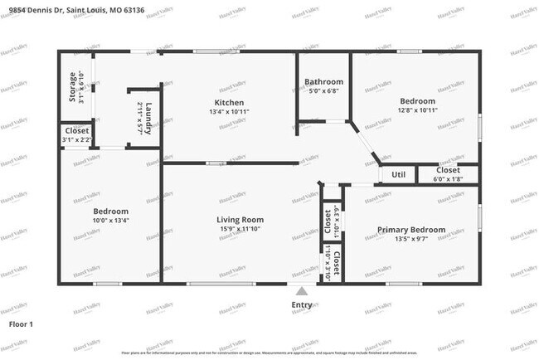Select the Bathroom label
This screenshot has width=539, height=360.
coord(323,82)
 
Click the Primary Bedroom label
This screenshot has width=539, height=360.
coord(411,230)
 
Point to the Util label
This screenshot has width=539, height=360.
coord(398,175)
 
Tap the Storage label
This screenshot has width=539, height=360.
coord(72,87)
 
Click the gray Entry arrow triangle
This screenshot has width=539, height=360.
coord(303,292)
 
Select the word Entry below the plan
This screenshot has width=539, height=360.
coord(303,304)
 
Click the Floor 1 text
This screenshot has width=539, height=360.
coord(21,324)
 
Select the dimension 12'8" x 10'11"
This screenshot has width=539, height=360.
coord(417,109)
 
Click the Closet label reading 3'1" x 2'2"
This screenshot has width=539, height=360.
coord(76,135)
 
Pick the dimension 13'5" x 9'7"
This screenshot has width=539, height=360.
coord(411,239)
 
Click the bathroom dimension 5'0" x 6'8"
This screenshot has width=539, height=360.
coord(323,91)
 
